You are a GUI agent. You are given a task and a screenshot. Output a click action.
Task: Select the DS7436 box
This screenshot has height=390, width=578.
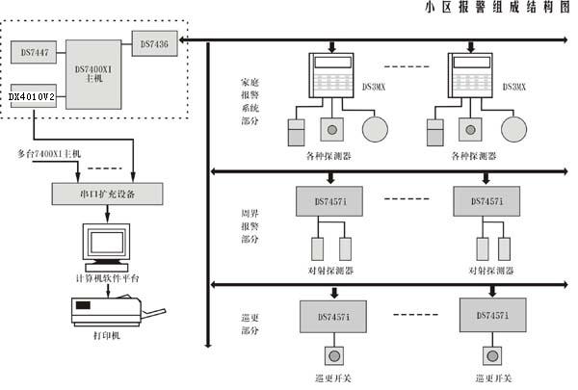[x=155, y=43]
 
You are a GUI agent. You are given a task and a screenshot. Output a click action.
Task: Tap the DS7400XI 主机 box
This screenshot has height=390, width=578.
[x=93, y=69]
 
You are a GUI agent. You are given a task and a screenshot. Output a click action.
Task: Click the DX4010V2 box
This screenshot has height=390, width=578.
[x=33, y=96]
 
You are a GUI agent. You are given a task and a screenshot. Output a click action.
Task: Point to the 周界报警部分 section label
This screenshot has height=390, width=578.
[x=249, y=222]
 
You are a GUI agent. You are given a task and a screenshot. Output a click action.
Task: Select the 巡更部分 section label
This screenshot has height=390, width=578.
[x=249, y=320]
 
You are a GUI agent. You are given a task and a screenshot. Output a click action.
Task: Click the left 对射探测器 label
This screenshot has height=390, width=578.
[x=330, y=271]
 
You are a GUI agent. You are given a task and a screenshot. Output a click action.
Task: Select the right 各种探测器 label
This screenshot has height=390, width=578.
[x=473, y=155]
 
